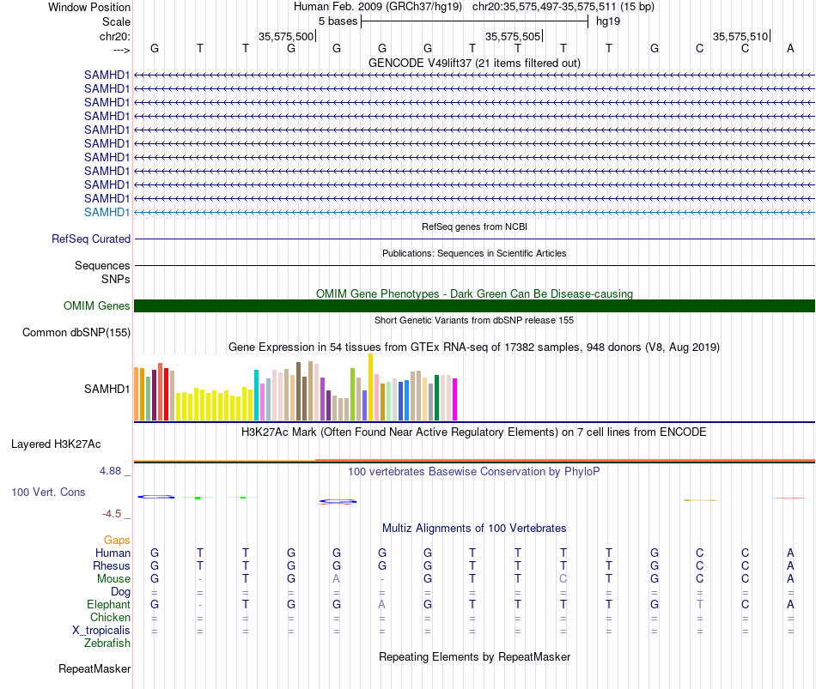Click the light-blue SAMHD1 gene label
pyautogui.click(x=107, y=212)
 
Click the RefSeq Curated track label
pyautogui.click(x=91, y=239)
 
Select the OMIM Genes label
pyautogui.click(x=97, y=305)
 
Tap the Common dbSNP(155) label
pyautogui.click(x=76, y=332)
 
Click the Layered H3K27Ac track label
pyautogui.click(x=56, y=444)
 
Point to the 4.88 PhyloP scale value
pyautogui.click(x=110, y=471)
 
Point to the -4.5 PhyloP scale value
pyautogui.click(x=112, y=514)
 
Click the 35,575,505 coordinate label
pyautogui.click(x=513, y=36)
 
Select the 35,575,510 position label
pyautogui.click(x=740, y=36)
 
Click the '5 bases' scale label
pyautogui.click(x=338, y=21)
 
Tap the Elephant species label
pyautogui.click(x=109, y=604)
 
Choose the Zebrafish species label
pyautogui.click(x=107, y=644)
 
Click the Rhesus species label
pyautogui.click(x=112, y=565)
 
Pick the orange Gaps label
pyautogui.click(x=117, y=541)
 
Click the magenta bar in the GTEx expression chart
pyautogui.click(x=455, y=399)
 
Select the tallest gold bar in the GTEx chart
pyautogui.click(x=370, y=387)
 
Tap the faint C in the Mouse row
pyautogui.click(x=563, y=579)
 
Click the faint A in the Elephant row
pyautogui.click(x=382, y=604)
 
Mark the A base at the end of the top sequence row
pyautogui.click(x=790, y=48)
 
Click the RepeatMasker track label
pyautogui.click(x=94, y=668)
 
